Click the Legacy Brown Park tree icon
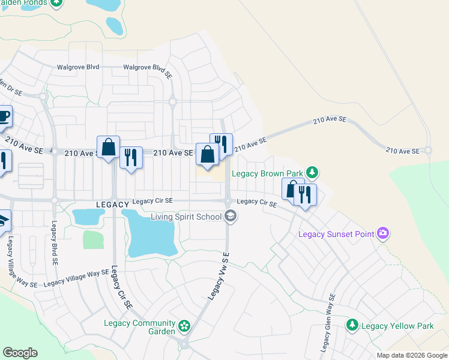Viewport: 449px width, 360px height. [312, 173]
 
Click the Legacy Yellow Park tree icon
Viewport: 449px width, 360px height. [352, 326]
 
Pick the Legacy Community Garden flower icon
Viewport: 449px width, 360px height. [184, 327]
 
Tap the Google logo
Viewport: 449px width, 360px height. [20, 353]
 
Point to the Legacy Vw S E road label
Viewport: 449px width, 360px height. [219, 276]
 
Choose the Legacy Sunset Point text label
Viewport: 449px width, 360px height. [336, 233]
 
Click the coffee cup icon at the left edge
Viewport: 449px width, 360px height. [3, 116]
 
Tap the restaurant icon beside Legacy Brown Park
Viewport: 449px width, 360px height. [305, 195]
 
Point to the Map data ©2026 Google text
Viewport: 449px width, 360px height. [412, 355]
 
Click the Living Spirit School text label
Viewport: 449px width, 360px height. [185, 217]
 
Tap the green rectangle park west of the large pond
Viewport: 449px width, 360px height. [93, 239]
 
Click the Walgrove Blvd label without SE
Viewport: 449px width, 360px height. [78, 68]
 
